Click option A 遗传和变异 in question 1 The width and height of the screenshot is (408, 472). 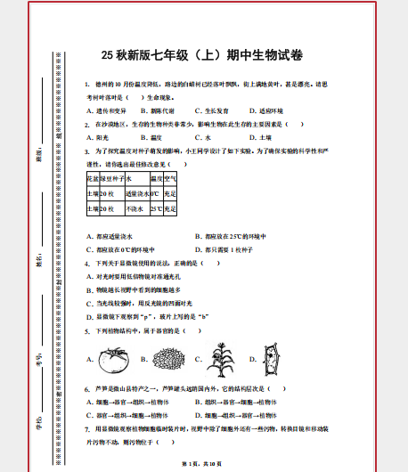(x=109, y=110)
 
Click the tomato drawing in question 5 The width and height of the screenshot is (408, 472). (x=114, y=360)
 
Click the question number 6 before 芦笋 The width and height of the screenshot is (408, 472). (x=86, y=389)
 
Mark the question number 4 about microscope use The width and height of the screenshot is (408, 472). (x=86, y=264)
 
